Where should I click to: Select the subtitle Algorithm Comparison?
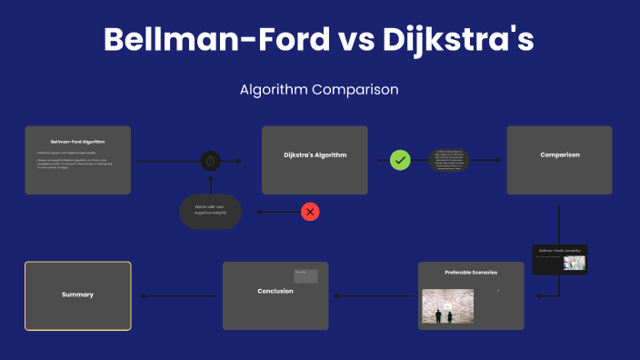319,90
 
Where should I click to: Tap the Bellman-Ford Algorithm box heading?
77,142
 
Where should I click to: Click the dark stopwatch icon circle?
210,161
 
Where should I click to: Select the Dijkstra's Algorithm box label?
315,155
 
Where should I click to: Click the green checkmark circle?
400,161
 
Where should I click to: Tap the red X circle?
310,212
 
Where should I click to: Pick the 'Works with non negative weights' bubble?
210,211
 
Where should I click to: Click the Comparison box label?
559,155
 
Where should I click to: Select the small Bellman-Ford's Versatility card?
559,259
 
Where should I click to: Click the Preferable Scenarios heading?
471,273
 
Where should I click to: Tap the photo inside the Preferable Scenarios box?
448,306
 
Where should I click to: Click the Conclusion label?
275,291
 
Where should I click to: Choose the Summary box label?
77,295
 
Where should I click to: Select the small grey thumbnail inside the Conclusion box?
305,275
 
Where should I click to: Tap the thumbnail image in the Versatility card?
574,263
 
